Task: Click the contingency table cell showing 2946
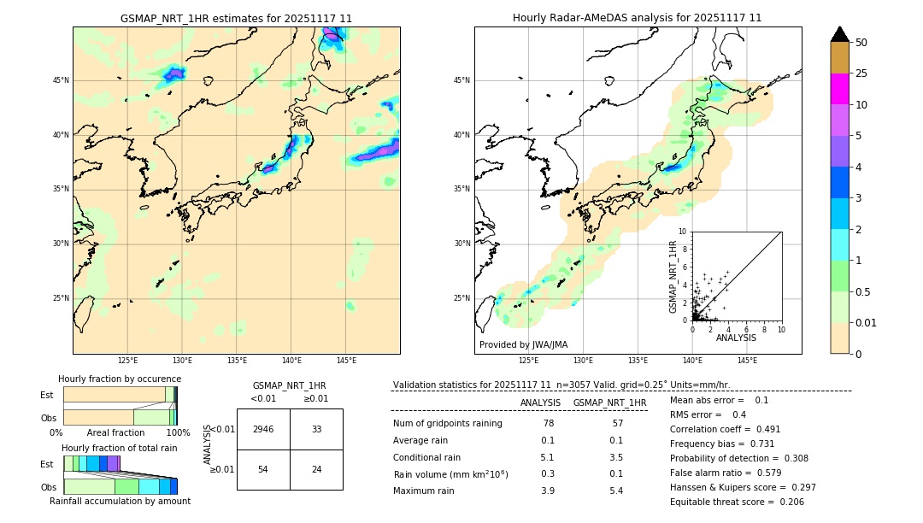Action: [x=263, y=429]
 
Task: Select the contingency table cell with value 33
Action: [x=316, y=429]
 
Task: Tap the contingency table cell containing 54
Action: [x=263, y=469]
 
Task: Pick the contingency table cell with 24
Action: [x=316, y=469]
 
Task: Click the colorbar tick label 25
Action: [x=861, y=73]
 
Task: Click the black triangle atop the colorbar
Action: [x=840, y=34]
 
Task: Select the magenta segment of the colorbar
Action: [x=840, y=89]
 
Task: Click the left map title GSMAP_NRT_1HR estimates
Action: [x=236, y=18]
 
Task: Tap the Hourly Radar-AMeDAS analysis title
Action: [x=638, y=18]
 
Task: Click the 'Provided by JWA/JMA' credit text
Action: [x=523, y=345]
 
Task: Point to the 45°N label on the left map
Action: [x=61, y=80]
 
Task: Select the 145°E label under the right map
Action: [x=747, y=361]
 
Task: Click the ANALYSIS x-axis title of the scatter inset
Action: [x=736, y=338]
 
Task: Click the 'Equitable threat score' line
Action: [x=736, y=502]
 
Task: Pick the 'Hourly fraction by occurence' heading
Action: [x=120, y=379]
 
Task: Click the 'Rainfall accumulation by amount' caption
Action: [x=120, y=501]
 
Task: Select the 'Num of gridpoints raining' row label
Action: [x=447, y=424]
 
